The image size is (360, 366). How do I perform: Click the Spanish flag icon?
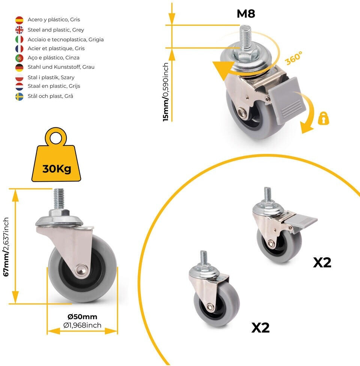tap(19, 20)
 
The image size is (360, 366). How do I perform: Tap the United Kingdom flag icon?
tap(19, 30)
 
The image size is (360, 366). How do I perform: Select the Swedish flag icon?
tap(19, 97)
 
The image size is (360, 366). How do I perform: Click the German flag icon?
tap(19, 68)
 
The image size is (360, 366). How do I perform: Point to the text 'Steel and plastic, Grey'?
tap(56, 30)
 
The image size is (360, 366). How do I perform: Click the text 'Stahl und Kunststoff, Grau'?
tap(61, 67)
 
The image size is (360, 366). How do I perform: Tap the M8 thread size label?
tap(246, 13)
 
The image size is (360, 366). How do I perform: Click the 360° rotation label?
tap(294, 58)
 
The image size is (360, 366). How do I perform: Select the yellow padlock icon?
tap(324, 118)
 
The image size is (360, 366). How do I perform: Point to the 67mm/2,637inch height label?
tap(6, 247)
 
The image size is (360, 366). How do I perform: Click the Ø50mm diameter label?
tap(82, 317)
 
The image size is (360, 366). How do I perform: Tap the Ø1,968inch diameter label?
tap(82, 325)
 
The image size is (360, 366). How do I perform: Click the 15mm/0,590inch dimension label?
tap(166, 92)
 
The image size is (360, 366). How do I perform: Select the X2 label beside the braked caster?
tap(322, 263)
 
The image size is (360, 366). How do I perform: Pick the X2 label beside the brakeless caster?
tap(261, 328)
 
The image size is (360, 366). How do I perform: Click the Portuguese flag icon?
tap(19, 58)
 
